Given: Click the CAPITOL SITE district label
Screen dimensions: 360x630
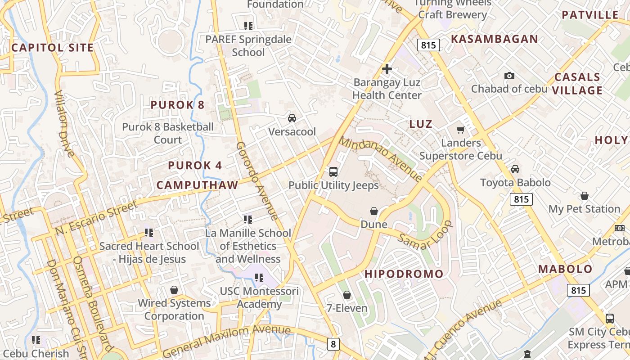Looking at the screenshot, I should tap(52, 48).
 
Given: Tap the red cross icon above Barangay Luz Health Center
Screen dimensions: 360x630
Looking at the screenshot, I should tap(387, 69).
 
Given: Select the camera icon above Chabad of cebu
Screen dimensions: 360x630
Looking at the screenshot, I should tap(509, 76).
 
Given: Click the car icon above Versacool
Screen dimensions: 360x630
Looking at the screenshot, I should tap(292, 118).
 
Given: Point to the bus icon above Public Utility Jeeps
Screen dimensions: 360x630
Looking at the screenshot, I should tap(333, 171).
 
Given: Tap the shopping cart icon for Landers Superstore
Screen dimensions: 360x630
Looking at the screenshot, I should tap(460, 130).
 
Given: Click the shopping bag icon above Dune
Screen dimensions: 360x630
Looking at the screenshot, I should tap(373, 211).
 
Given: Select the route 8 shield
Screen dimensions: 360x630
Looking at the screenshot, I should tap(333, 344).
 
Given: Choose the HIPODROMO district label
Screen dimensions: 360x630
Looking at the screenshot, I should tap(404, 274).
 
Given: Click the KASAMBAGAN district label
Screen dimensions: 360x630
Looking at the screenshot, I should tap(494, 39).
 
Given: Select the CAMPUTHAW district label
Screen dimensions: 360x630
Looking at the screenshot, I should tap(197, 185).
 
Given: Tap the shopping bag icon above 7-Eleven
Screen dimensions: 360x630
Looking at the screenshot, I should tap(346, 295).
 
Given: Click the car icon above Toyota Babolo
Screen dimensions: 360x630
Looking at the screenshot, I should tap(515, 169).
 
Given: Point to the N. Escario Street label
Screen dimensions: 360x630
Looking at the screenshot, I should tap(96, 218).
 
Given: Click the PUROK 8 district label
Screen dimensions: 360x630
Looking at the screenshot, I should tap(177, 105).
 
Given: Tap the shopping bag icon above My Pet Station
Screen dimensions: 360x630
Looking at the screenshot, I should tap(584, 196).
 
